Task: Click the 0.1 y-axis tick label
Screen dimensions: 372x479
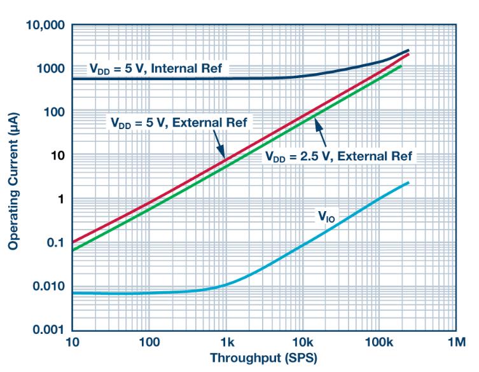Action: pyautogui.click(x=56, y=243)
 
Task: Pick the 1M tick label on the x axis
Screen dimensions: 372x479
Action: pyautogui.click(x=455, y=343)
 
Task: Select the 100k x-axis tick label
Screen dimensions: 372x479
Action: pyautogui.click(x=378, y=343)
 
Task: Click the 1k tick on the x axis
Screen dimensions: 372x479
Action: pyautogui.click(x=226, y=343)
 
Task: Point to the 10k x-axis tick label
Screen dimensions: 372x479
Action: pyautogui.click(x=302, y=343)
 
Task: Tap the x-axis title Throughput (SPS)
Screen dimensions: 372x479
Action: pyautogui.click(x=263, y=358)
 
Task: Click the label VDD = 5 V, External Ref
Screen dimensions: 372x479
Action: pyautogui.click(x=176, y=122)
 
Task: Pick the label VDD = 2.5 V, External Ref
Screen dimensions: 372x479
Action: pyautogui.click(x=339, y=156)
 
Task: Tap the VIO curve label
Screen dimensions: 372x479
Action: pyautogui.click(x=327, y=217)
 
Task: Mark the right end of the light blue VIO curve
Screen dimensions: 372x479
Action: pyautogui.click(x=408, y=183)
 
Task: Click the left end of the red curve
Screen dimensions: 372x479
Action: pyautogui.click(x=73, y=242)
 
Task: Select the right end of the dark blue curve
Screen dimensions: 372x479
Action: pyautogui.click(x=408, y=50)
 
